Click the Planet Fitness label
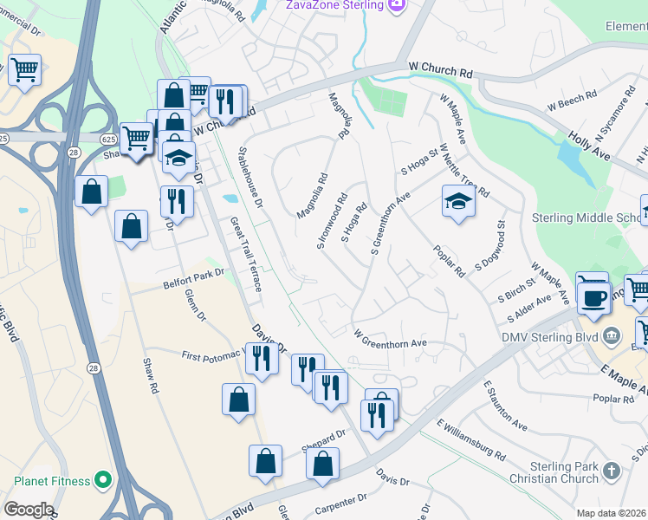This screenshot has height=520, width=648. pyautogui.click(x=52, y=481)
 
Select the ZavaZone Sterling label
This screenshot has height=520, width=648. pyautogui.click(x=334, y=5)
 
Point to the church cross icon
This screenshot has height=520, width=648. pyautogui.click(x=612, y=471)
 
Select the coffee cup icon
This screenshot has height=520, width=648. pyautogui.click(x=593, y=298)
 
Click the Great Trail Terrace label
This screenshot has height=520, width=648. pyautogui.click(x=245, y=254)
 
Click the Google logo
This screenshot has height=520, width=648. pyautogui.click(x=29, y=510)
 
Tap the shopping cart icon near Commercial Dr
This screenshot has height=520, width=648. pyautogui.click(x=24, y=68)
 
